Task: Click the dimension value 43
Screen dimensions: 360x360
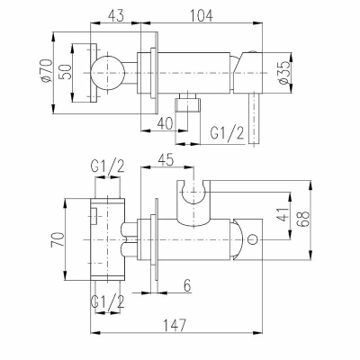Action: (x=115, y=15)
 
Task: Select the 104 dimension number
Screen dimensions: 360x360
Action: (x=202, y=15)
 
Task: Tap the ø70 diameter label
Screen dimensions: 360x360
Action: (x=47, y=70)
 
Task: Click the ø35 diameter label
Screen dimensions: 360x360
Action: (x=284, y=73)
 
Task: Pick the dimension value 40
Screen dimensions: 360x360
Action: (x=165, y=123)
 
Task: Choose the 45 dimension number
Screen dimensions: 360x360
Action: (x=166, y=160)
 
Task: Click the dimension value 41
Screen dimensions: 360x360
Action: (x=283, y=214)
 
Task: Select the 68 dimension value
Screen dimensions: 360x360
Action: (x=303, y=220)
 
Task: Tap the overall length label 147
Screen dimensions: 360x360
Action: (x=175, y=325)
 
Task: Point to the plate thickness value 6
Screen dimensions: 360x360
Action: (x=187, y=285)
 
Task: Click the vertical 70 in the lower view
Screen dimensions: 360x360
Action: (x=58, y=239)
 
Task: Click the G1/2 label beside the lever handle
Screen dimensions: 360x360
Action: (x=227, y=133)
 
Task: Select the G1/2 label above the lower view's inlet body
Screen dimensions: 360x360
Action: (x=108, y=167)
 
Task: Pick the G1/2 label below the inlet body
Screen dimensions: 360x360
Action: (x=108, y=301)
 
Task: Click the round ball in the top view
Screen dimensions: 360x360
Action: (x=107, y=73)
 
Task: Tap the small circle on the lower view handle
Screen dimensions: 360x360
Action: (x=253, y=239)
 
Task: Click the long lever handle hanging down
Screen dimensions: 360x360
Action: (x=254, y=119)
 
